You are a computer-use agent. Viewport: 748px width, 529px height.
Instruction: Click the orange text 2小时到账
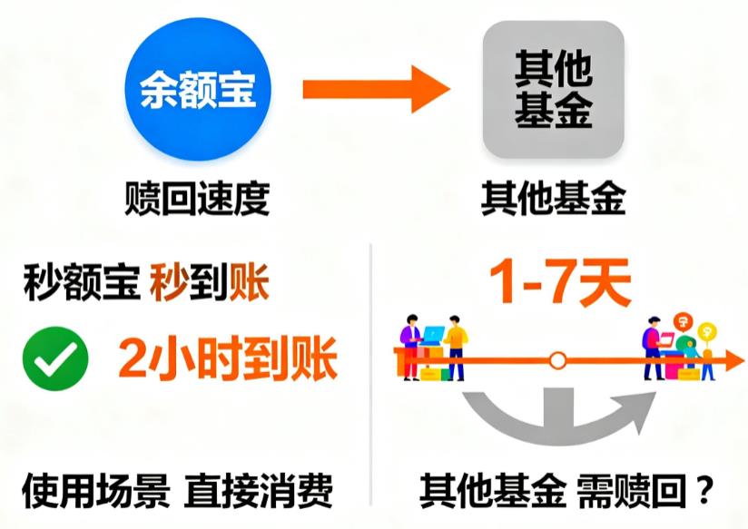coord(227,360)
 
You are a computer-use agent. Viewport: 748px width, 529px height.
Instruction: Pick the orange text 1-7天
coord(559,284)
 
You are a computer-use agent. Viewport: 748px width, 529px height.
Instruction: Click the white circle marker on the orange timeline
coord(558,361)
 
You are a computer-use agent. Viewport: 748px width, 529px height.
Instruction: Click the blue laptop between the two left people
coord(434,335)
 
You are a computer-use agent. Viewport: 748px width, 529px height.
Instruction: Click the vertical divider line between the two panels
coord(372,363)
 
